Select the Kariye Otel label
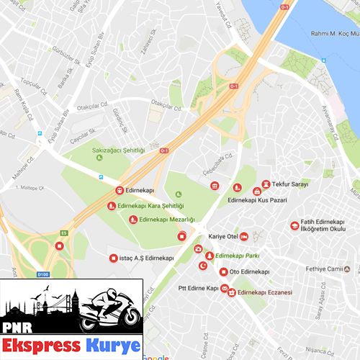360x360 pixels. (222, 235)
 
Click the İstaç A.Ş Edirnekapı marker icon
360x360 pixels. (112, 258)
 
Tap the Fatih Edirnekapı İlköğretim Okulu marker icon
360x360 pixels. (294, 226)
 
